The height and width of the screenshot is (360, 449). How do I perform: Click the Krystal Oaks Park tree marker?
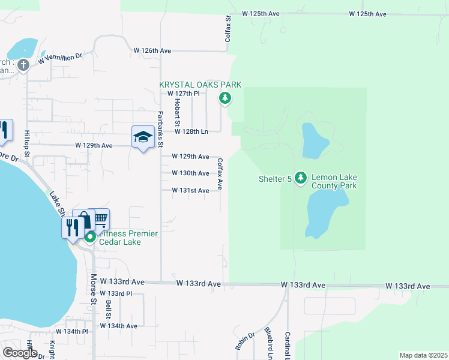224,98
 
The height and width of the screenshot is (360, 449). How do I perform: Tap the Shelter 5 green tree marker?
301,178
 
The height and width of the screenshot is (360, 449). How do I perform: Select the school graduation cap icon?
143,137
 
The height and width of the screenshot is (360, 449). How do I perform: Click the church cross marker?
23,65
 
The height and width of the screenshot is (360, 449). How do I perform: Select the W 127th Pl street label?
187,94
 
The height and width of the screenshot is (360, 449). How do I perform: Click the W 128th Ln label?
191,131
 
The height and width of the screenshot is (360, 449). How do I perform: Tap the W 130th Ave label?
190,173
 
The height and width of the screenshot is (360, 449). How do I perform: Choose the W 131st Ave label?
190,191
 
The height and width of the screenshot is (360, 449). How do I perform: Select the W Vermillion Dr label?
59,58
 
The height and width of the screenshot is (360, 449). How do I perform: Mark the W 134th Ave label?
119,326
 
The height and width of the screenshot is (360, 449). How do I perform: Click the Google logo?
20,352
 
